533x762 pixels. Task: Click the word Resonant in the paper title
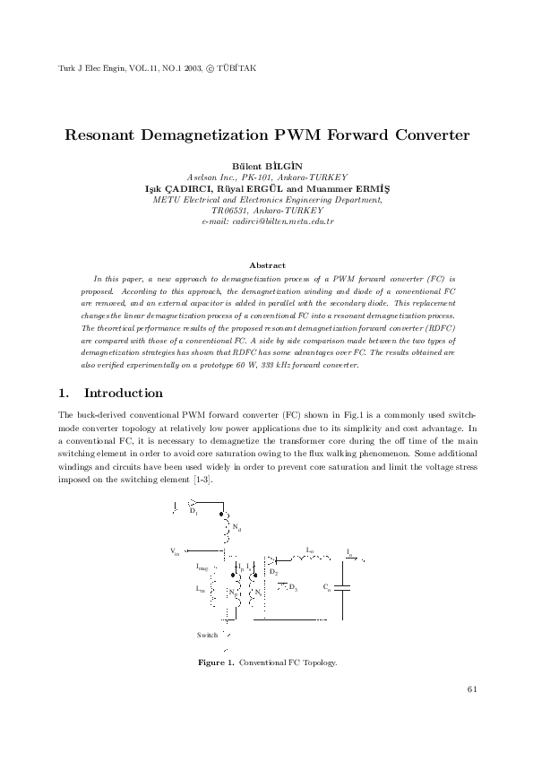[x=104, y=135]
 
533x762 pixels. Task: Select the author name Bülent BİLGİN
[x=267, y=167]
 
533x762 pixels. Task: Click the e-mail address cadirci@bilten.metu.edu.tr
[x=268, y=220]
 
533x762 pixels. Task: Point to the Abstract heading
[x=267, y=265]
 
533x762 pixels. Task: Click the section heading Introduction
[x=123, y=394]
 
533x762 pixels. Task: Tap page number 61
[x=472, y=688]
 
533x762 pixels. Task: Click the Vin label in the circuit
[x=175, y=550]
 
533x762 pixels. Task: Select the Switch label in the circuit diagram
[x=207, y=635]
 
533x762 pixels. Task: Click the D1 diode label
[x=193, y=511]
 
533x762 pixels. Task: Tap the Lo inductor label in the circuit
[x=310, y=549]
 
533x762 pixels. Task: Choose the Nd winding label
[x=236, y=528]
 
